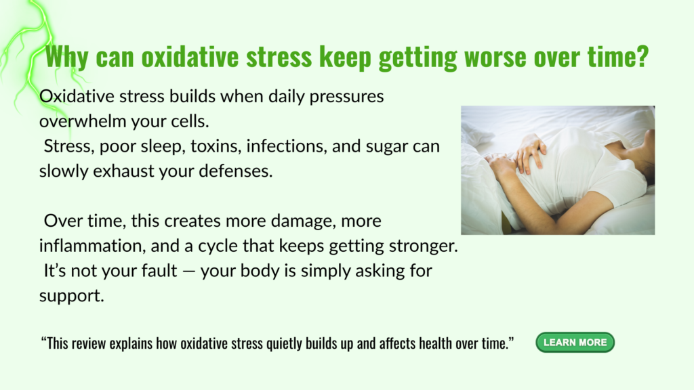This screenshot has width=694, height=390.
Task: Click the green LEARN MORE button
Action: coord(575,342)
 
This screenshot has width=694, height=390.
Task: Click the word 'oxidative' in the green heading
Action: coord(190,57)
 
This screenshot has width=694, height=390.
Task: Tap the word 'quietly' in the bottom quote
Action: coord(283,344)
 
